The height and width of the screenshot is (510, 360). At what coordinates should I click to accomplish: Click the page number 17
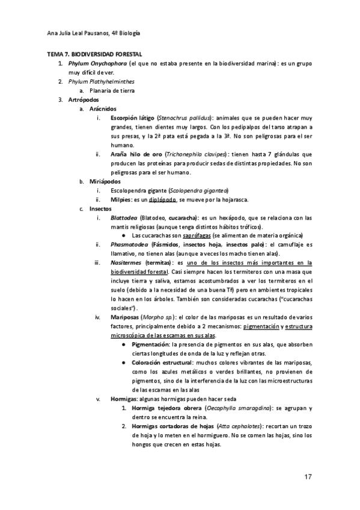307,477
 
